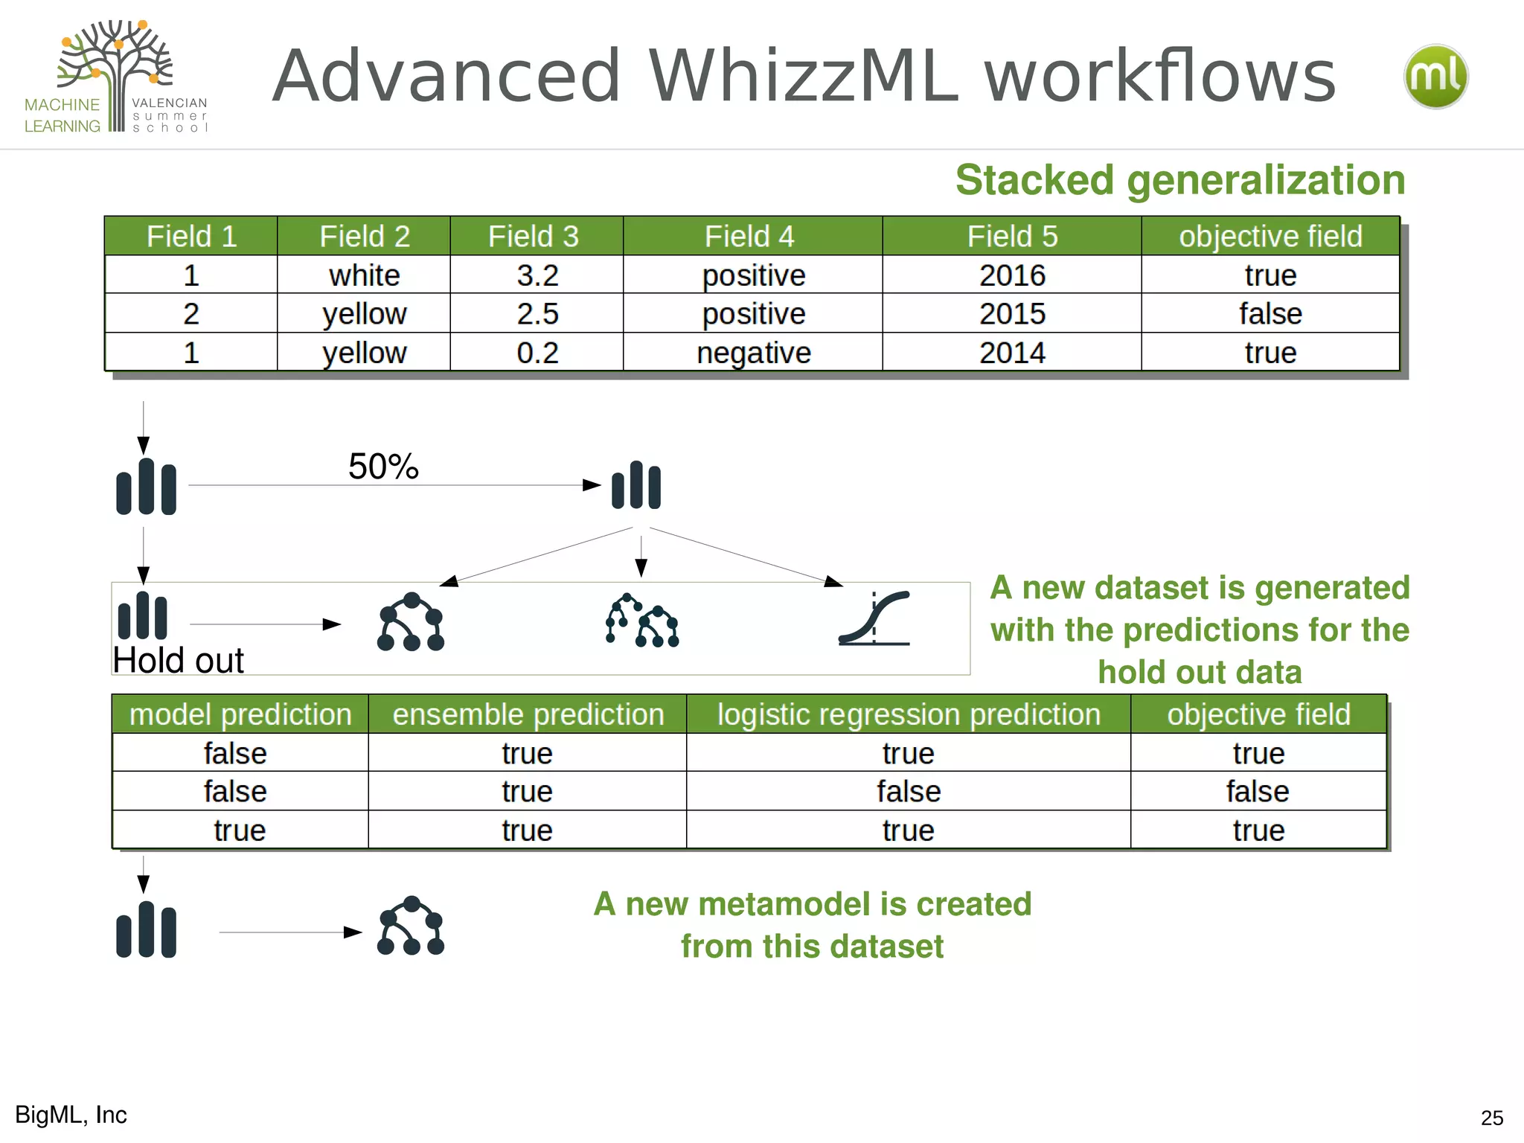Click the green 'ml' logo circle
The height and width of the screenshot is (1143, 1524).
pyautogui.click(x=1435, y=77)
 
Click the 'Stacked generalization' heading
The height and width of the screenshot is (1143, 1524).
pyautogui.click(x=1180, y=180)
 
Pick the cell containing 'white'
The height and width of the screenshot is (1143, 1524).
pyautogui.click(x=365, y=275)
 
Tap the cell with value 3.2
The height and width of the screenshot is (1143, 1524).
pyautogui.click(x=537, y=275)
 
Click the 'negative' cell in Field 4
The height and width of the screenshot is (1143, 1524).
pyautogui.click(x=753, y=353)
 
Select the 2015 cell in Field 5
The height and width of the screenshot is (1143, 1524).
pyautogui.click(x=1012, y=314)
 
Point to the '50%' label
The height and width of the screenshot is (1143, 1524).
pyautogui.click(x=383, y=467)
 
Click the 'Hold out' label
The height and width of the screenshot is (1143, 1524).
pyautogui.click(x=179, y=660)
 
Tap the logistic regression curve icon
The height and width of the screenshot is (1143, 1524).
pyautogui.click(x=874, y=618)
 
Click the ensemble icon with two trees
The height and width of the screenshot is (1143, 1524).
pyautogui.click(x=641, y=621)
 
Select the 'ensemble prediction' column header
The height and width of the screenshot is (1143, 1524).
pyautogui.click(x=528, y=714)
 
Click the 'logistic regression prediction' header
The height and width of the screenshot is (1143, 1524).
pyautogui.click(x=909, y=714)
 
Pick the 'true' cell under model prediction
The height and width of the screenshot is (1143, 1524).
pyautogui.click(x=240, y=830)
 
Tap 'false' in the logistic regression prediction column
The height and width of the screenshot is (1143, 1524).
pyautogui.click(x=909, y=792)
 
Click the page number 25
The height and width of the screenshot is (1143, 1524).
pyautogui.click(x=1491, y=1118)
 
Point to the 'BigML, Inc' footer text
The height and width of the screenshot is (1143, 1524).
pyautogui.click(x=71, y=1115)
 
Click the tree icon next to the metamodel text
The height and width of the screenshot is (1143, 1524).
pyautogui.click(x=411, y=926)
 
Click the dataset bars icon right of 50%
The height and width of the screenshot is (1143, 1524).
pyautogui.click(x=636, y=485)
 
